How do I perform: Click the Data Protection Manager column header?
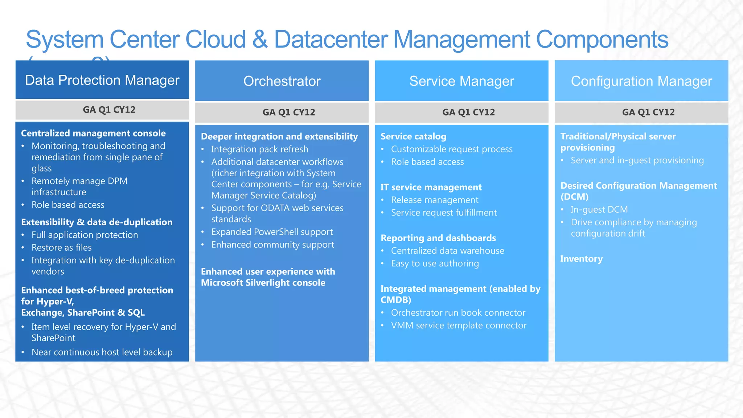tap(102, 80)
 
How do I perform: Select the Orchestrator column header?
tap(282, 81)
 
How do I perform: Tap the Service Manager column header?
tap(461, 81)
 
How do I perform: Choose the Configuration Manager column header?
tap(641, 81)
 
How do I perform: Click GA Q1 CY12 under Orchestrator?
tap(289, 112)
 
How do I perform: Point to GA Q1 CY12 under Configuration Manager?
tap(648, 112)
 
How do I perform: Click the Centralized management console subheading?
tap(93, 133)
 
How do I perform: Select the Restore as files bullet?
tap(61, 247)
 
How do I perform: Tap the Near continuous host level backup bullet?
tap(102, 352)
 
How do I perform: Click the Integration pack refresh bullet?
tap(260, 149)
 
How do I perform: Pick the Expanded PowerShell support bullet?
tap(272, 232)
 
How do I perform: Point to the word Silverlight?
tap(268, 283)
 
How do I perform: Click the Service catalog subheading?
tap(413, 136)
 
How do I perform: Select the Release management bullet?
tap(435, 200)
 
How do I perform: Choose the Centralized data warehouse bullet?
tap(447, 251)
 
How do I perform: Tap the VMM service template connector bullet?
tap(459, 325)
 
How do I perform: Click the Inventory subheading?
tap(581, 259)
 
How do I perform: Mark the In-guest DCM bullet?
tap(599, 209)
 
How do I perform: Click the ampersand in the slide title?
tap(260, 39)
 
